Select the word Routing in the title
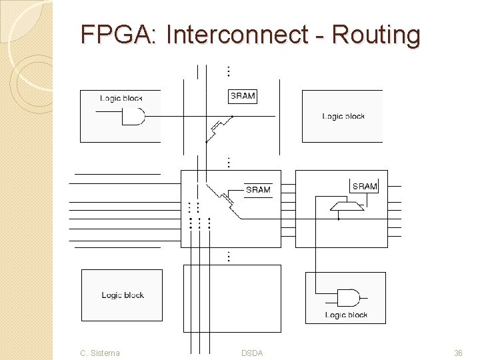tap(376, 35)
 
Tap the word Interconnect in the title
tap(237, 34)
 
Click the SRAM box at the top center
tap(243, 97)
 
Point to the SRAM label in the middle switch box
tap(258, 190)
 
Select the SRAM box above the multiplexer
tap(364, 186)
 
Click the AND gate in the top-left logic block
tap(133, 116)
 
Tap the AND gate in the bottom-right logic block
tap(349, 298)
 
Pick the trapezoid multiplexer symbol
tap(347, 206)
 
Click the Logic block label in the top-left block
tap(121, 98)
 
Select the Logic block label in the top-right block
tap(343, 116)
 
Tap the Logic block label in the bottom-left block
tap(123, 295)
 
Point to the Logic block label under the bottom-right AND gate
tap(346, 315)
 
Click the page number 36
tap(458, 353)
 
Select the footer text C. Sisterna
tap(100, 353)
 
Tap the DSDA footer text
tap(252, 353)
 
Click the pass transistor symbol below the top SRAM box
tap(219, 129)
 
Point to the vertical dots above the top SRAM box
tap(229, 71)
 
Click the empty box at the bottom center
tap(232, 299)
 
